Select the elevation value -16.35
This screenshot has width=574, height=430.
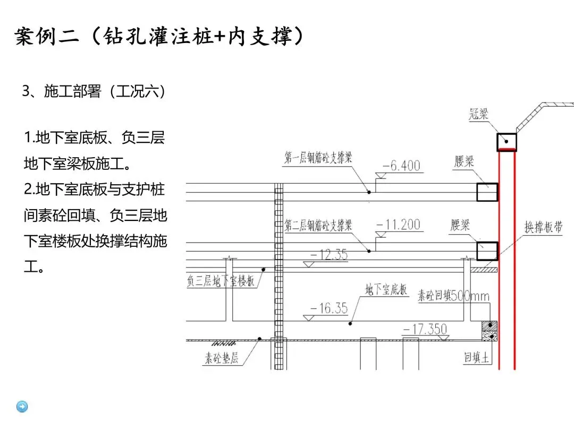point(328,308)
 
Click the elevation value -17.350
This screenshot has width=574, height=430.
point(425,329)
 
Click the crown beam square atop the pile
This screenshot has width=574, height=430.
point(507,142)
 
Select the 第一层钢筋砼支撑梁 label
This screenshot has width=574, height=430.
point(318,157)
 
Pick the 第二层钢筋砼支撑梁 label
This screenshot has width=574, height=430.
point(318,225)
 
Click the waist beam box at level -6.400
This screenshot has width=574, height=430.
point(487,192)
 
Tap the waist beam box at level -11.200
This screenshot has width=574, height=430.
point(487,251)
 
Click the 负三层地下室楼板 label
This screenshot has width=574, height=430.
point(221,281)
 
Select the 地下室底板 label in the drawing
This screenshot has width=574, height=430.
point(386,289)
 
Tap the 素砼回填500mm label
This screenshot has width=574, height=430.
point(453,296)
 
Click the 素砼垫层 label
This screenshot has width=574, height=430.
point(222,358)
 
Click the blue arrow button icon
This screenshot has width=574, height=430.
point(22,407)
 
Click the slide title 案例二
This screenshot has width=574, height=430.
point(48,37)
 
